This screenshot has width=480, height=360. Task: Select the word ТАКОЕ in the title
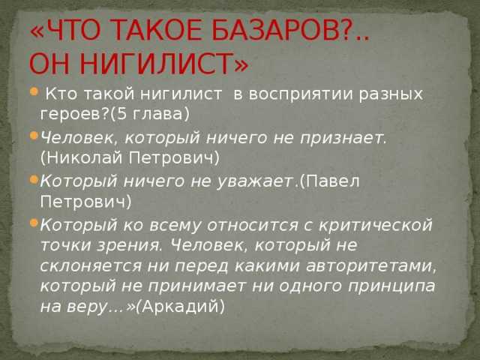tap(158, 29)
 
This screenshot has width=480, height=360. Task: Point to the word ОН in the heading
tap(52, 64)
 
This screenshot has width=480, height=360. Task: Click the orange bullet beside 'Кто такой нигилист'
tap(34, 91)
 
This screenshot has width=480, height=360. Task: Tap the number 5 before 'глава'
tap(122, 114)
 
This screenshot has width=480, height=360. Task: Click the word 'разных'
tap(391, 94)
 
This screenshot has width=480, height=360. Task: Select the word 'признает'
tap(341, 138)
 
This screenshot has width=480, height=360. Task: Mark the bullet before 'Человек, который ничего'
tap(34, 135)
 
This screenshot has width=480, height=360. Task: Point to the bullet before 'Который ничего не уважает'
tap(34, 179)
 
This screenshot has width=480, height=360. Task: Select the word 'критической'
tap(376, 226)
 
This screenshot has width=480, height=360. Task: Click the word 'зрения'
tap(128, 246)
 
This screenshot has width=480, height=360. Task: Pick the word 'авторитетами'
tap(370, 266)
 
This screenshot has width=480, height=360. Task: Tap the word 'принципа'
tap(391, 286)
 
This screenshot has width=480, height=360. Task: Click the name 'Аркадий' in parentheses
tap(180, 307)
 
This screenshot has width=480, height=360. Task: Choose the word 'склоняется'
tap(91, 266)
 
